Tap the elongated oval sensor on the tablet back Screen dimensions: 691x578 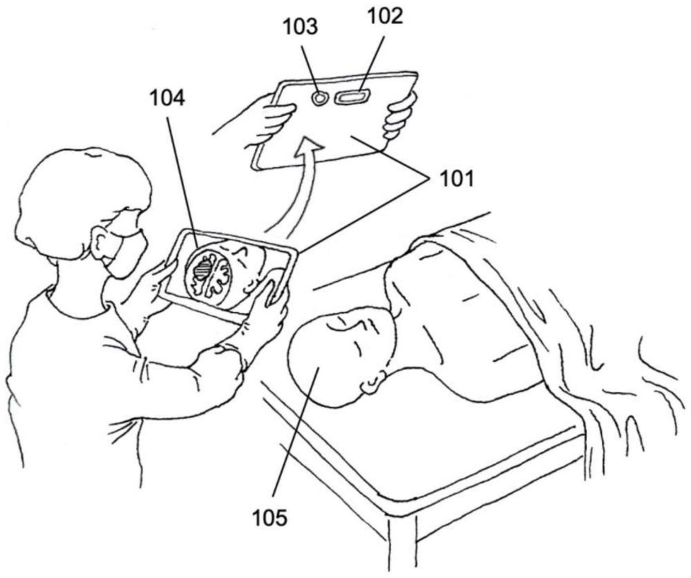pos(352,97)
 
